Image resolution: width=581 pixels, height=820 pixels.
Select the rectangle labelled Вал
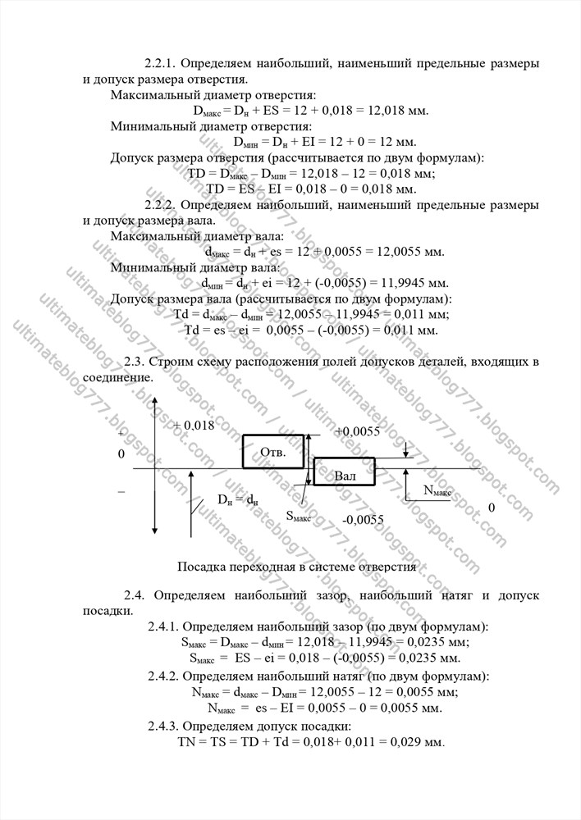point(345,474)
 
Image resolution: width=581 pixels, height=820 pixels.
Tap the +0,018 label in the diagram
point(194,425)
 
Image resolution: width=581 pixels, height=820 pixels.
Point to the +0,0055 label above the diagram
point(358,431)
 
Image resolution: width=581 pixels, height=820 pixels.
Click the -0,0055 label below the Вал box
point(363,519)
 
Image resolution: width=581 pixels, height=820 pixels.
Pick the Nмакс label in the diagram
point(437,491)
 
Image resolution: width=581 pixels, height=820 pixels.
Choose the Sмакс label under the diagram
point(298,517)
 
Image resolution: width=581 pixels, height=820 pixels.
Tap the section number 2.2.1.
point(161,63)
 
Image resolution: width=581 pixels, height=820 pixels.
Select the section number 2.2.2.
point(161,204)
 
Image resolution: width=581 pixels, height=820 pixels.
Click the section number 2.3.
point(135,362)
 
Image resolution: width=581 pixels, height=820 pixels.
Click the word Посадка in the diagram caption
point(199,566)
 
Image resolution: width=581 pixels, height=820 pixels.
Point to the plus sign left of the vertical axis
point(121,432)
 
